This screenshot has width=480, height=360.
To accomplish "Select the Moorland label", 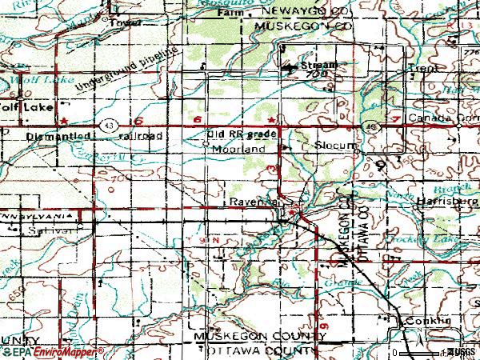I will click(x=238, y=149).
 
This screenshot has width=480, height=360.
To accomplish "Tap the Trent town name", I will click(x=423, y=70).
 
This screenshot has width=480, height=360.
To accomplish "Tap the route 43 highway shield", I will click(x=107, y=126).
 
